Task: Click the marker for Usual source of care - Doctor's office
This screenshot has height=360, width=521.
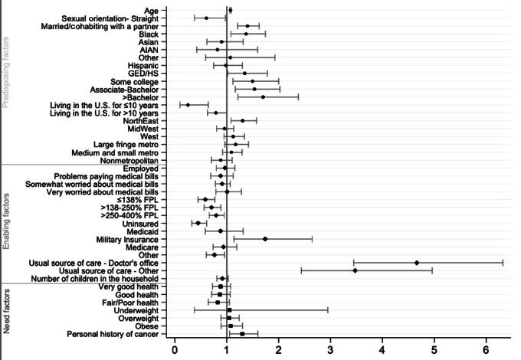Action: tap(416, 263)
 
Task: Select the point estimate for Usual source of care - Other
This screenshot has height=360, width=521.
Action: tap(355, 270)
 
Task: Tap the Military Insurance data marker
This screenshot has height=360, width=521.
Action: tap(265, 239)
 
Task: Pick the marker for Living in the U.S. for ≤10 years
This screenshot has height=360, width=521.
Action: tap(188, 105)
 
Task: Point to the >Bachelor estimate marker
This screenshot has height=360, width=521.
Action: tap(263, 97)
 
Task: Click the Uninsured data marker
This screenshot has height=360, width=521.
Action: tap(198, 223)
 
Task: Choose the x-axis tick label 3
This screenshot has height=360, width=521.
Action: tap(330, 350)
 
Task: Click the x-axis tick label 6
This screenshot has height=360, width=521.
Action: tap(486, 350)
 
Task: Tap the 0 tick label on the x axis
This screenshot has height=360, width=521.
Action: tap(175, 350)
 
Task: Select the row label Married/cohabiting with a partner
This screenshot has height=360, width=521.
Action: tap(100, 26)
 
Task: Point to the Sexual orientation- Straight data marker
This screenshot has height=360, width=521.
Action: tap(206, 18)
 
